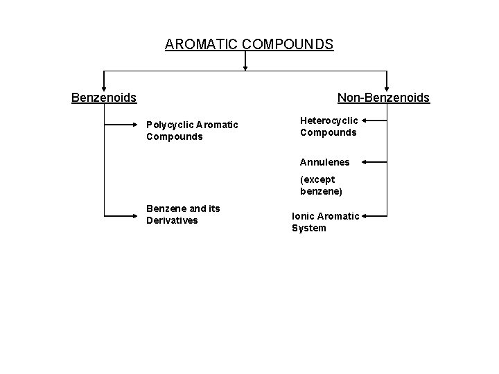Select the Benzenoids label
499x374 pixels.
click(x=104, y=98)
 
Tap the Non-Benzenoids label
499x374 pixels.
click(x=383, y=98)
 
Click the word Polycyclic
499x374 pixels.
click(x=170, y=125)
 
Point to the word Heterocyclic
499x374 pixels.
click(x=329, y=120)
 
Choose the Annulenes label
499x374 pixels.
click(x=324, y=162)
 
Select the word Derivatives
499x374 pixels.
click(x=172, y=220)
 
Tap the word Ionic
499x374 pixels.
click(x=304, y=216)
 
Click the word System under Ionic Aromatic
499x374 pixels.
click(x=308, y=228)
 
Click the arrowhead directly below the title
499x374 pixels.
click(x=245, y=68)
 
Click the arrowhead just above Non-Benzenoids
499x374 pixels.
click(x=387, y=86)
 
